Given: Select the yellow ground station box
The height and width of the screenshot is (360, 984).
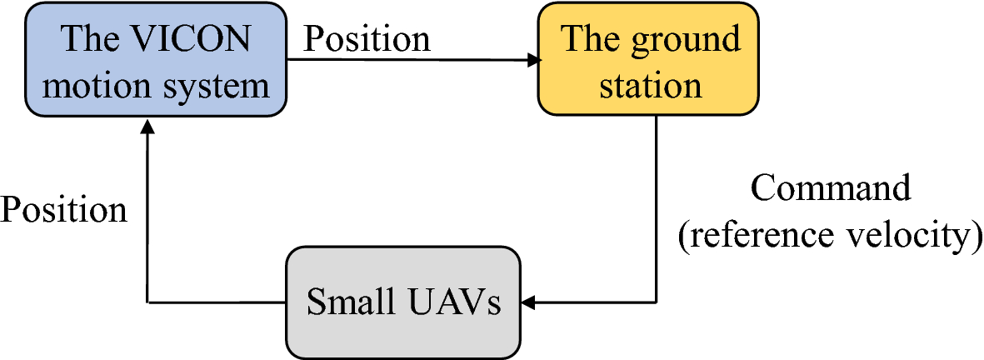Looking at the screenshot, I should click(x=647, y=59).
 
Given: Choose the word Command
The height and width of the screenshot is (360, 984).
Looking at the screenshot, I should click(x=831, y=188).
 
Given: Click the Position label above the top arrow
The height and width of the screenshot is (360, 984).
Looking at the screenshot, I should click(x=367, y=38).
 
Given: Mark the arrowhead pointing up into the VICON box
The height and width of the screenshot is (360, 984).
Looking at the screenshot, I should click(x=147, y=125).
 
